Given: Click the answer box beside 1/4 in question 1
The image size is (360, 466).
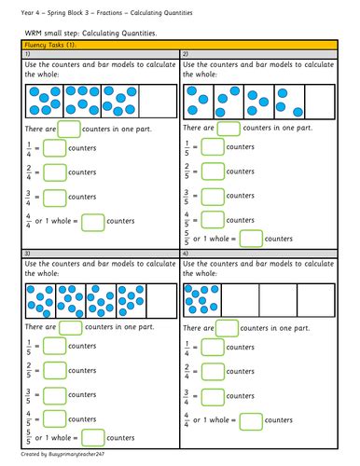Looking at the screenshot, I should [x=55, y=147].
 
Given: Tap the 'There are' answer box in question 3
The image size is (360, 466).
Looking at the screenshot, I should [x=71, y=327].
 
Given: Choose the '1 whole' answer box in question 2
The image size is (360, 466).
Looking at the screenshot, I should [x=249, y=238].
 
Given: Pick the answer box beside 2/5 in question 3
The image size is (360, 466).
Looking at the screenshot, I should [x=55, y=370].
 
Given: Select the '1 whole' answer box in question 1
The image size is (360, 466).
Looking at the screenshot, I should [x=92, y=221].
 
